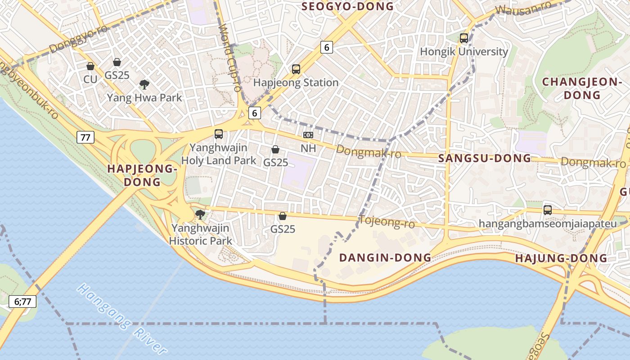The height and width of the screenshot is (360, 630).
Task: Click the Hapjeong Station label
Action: pyautogui.click(x=296, y=83)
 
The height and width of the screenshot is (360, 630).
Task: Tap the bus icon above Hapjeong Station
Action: pyautogui.click(x=296, y=69)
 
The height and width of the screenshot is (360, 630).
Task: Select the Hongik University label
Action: pyautogui.click(x=463, y=52)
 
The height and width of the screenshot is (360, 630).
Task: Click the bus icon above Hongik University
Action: pyautogui.click(x=463, y=38)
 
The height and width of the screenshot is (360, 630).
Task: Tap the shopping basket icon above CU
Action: pyautogui.click(x=90, y=67)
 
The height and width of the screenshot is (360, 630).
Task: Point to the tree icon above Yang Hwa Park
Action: pyautogui.click(x=144, y=84)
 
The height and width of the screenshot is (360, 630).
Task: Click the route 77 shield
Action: pyautogui.click(x=85, y=137)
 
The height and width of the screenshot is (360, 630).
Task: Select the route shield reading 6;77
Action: pyautogui.click(x=22, y=301)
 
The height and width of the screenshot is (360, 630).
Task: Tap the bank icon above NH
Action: pyautogui.click(x=308, y=135)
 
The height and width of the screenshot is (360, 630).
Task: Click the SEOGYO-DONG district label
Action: pyautogui.click(x=347, y=6)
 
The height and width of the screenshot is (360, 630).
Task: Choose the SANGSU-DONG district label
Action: pyautogui.click(x=485, y=158)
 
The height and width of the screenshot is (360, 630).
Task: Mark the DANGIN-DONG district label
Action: pyautogui.click(x=385, y=258)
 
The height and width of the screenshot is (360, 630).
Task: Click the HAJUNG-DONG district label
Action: pyautogui.click(x=561, y=258)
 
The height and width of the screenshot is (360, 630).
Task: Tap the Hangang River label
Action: pyautogui.click(x=121, y=318)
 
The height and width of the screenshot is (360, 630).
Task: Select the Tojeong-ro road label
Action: pyautogui.click(x=381, y=222)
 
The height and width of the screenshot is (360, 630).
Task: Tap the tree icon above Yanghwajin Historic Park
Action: pyautogui.click(x=200, y=215)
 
